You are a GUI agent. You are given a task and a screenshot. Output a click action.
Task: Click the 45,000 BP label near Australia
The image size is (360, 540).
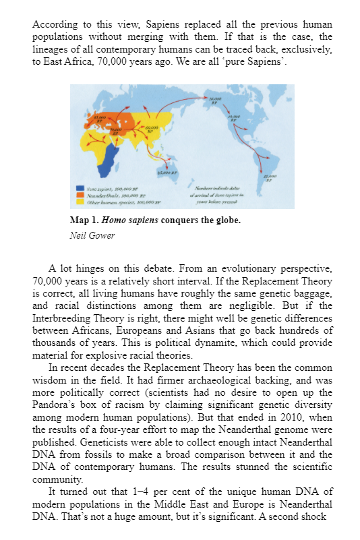coord(164,175)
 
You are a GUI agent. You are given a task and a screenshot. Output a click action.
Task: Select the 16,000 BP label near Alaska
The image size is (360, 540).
coord(214,100)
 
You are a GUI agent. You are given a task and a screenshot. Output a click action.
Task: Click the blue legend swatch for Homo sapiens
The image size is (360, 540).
coord(80,189)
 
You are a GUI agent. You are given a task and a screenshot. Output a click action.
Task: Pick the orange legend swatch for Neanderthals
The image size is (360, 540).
coord(80,195)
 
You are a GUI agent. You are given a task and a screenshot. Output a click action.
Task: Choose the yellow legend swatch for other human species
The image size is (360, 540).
coord(80,201)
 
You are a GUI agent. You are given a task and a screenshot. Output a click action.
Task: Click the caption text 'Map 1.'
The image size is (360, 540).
coord(83,220)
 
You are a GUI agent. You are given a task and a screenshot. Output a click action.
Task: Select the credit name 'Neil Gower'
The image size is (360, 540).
coord(91,236)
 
